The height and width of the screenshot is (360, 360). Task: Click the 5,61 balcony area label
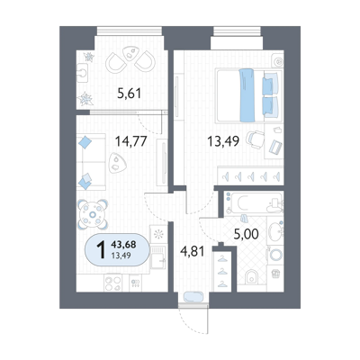[130, 94]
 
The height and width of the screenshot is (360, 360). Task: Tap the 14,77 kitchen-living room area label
[131, 140]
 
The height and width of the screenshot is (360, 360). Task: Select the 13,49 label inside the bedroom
[223, 140]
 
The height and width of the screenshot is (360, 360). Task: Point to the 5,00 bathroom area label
[246, 234]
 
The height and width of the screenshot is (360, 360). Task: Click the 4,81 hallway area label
[192, 251]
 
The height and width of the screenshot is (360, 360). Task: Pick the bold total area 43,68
[123, 245]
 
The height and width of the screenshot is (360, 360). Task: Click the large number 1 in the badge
[101, 250]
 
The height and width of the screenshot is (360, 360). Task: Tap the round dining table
[93, 214]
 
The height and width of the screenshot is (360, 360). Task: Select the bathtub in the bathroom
[254, 203]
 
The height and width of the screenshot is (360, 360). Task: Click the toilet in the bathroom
[251, 277]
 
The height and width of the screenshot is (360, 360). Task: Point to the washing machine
[275, 256]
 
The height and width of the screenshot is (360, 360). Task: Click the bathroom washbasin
[275, 231]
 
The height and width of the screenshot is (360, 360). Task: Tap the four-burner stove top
[113, 283]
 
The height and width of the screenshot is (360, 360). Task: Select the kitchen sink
[157, 257]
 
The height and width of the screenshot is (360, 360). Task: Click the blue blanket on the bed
[247, 95]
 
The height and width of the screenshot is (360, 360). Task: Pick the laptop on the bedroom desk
[275, 147]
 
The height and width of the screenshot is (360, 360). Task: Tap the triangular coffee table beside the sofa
[117, 163]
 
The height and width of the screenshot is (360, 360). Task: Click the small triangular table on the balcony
[130, 53]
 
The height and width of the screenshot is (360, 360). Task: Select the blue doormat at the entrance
[193, 297]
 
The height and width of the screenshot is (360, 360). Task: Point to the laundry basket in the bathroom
[275, 274]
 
